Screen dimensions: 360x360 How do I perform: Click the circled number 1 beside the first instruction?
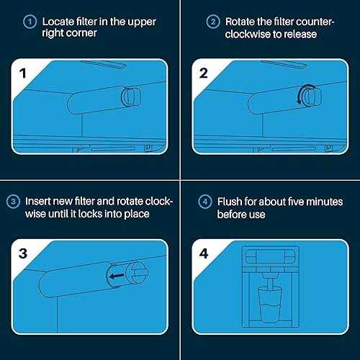[x=30, y=22]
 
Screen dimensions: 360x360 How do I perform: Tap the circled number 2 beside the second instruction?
[x=213, y=22]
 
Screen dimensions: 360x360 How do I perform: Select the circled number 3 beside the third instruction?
[x=13, y=202]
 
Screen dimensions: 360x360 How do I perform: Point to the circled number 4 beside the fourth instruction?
[x=205, y=202]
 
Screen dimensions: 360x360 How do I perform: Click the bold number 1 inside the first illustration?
[x=23, y=73]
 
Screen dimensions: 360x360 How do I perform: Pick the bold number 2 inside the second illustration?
[x=204, y=73]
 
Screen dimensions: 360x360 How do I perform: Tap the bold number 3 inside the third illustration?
[x=23, y=253]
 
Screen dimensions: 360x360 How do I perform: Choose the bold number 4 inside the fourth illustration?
[x=204, y=253]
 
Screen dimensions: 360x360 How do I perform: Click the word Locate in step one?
[x=58, y=22]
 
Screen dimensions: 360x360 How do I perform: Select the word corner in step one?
[x=81, y=33]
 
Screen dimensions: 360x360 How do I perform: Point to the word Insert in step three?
[x=37, y=202]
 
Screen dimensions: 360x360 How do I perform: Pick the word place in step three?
[x=137, y=214]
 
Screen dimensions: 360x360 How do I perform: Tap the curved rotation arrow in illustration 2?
[x=303, y=94]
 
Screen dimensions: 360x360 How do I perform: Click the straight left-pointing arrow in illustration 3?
[x=117, y=276]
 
